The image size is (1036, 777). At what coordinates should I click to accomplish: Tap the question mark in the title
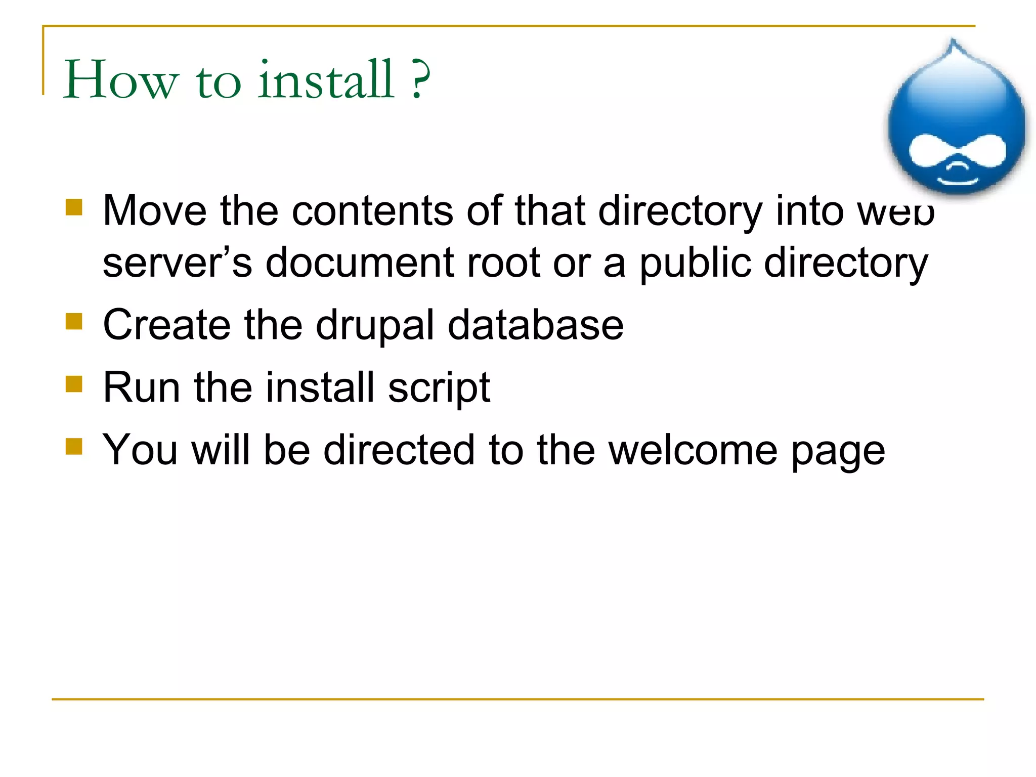click(x=421, y=79)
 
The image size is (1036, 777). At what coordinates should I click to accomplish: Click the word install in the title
click(x=326, y=79)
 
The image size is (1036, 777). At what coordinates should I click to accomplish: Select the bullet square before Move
click(x=74, y=207)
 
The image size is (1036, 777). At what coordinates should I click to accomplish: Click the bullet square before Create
click(x=74, y=321)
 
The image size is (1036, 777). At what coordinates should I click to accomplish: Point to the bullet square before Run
click(x=74, y=384)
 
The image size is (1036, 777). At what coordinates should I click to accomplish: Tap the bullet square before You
click(x=74, y=447)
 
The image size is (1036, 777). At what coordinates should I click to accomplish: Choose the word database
click(x=536, y=325)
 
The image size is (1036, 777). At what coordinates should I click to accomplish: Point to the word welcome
click(x=693, y=450)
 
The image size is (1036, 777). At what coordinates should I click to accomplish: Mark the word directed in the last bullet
click(x=399, y=450)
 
